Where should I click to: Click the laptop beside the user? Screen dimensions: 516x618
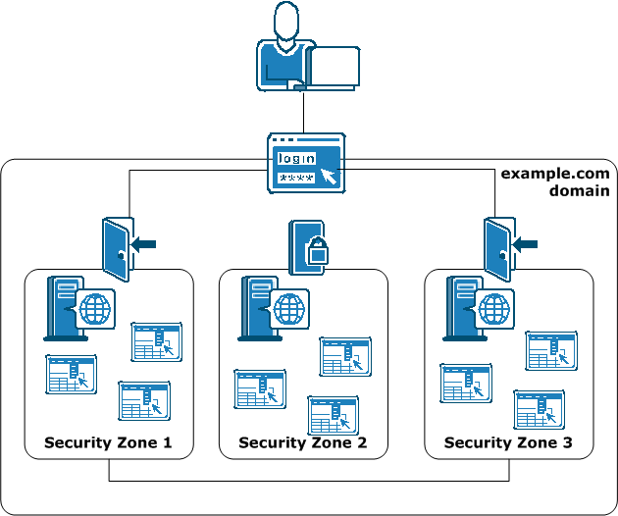(x=334, y=68)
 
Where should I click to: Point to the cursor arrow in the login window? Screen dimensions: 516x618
(x=329, y=177)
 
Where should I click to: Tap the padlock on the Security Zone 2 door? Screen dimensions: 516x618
(x=316, y=253)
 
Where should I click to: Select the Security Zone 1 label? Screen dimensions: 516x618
(x=108, y=442)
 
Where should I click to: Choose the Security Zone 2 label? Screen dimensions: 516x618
(x=302, y=442)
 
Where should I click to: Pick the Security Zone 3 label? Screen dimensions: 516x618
(x=508, y=442)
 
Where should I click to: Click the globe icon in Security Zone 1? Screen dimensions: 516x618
(x=96, y=309)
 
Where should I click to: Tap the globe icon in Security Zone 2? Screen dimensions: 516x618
(x=288, y=309)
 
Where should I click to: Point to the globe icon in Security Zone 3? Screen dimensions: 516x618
(x=494, y=309)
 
